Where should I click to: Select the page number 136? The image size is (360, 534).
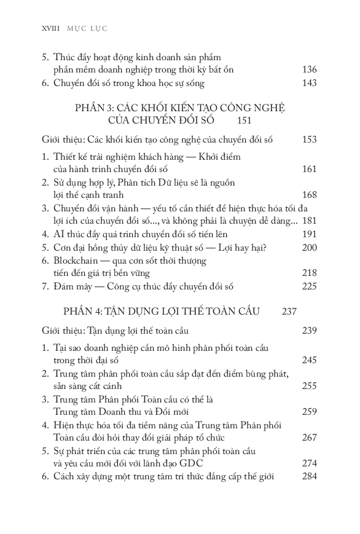(x=310, y=69)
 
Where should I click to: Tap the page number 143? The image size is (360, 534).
(x=310, y=83)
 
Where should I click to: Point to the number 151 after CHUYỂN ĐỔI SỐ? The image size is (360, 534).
(x=260, y=120)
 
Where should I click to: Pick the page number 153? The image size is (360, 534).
(x=310, y=140)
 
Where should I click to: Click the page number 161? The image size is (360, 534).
(x=310, y=169)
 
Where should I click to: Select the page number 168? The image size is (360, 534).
(x=310, y=195)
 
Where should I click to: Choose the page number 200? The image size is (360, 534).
(x=310, y=247)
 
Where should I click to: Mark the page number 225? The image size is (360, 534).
(x=310, y=286)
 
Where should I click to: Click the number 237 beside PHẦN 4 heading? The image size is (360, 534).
(x=289, y=311)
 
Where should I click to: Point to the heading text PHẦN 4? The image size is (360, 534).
(x=84, y=311)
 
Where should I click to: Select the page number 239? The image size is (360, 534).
(x=310, y=331)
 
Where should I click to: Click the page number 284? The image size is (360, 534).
(x=310, y=476)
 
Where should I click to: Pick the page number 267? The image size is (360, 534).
(x=310, y=438)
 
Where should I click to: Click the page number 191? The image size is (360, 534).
(x=310, y=234)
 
